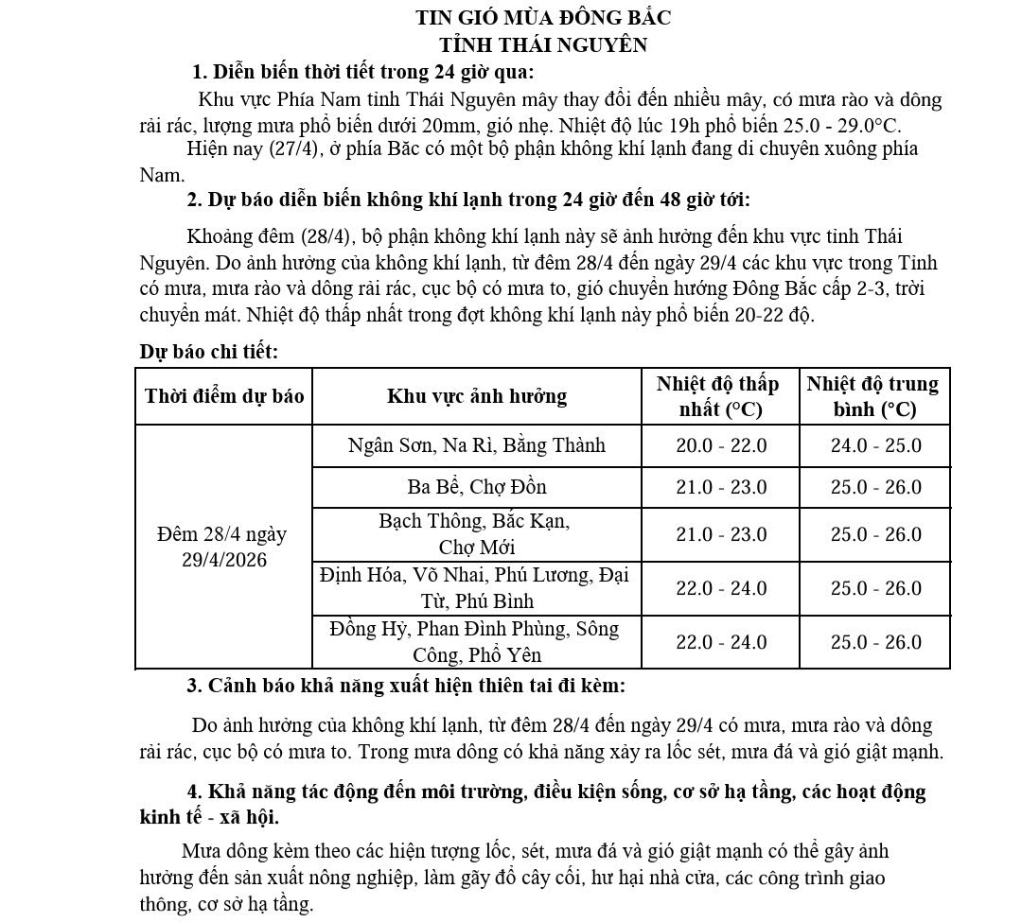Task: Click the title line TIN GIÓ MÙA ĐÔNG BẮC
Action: pyautogui.click(x=543, y=17)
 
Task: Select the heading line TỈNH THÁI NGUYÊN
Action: pyautogui.click(x=543, y=44)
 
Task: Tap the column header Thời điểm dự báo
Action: pyautogui.click(x=224, y=395)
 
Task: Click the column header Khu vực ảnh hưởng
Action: pyautogui.click(x=477, y=395)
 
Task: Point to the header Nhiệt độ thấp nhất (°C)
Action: pyautogui.click(x=720, y=396)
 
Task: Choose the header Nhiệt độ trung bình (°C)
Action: pyautogui.click(x=874, y=396)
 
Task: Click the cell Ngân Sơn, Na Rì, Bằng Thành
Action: pyautogui.click(x=477, y=445)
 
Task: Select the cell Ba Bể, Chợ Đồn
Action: pyautogui.click(x=477, y=487)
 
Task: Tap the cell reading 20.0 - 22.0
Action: pyautogui.click(x=721, y=445)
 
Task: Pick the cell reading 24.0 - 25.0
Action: pyautogui.click(x=875, y=445)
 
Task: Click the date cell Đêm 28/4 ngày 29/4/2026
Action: pyautogui.click(x=224, y=547)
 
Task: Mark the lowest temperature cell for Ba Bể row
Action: pyautogui.click(x=721, y=487)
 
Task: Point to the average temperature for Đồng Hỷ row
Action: pyautogui.click(x=875, y=642)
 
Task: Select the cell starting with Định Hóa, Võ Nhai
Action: pyautogui.click(x=477, y=587)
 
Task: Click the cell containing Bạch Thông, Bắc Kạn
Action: pyautogui.click(x=477, y=533)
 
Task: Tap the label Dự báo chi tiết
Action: pyautogui.click(x=209, y=352)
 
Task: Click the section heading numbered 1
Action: pyautogui.click(x=362, y=72)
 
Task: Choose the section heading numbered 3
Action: pyautogui.click(x=406, y=684)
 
